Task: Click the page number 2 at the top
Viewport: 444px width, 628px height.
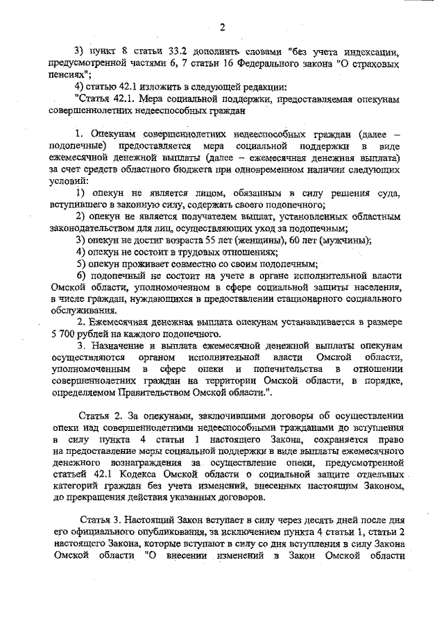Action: coord(223,27)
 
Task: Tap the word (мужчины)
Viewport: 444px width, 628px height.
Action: coord(343,240)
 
